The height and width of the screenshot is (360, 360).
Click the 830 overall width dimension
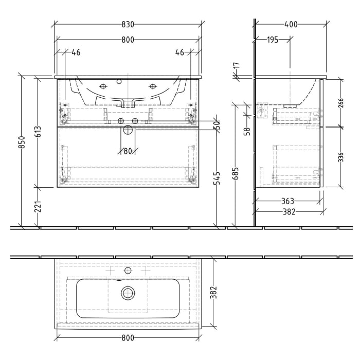click(x=128, y=24)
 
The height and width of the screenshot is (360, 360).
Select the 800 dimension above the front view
click(x=128, y=40)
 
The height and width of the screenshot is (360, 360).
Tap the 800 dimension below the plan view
click(x=128, y=337)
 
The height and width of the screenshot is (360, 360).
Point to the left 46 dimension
click(x=76, y=52)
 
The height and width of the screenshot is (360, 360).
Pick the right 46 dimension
click(x=179, y=52)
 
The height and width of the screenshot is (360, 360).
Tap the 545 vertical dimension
click(x=218, y=178)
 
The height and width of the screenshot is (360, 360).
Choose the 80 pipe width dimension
click(x=128, y=151)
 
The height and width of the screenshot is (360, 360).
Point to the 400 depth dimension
click(x=291, y=24)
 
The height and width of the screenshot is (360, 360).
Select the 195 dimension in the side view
click(x=272, y=40)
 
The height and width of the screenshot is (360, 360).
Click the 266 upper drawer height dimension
click(x=340, y=103)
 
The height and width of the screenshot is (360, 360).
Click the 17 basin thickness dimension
click(x=237, y=67)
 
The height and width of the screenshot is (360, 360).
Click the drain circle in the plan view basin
click(x=128, y=293)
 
